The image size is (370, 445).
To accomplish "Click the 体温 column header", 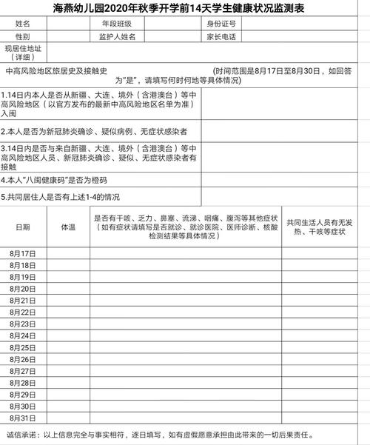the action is click(68, 227).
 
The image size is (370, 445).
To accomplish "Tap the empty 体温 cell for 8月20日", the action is click(68, 289).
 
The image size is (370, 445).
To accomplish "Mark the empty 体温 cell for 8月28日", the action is click(68, 383).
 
